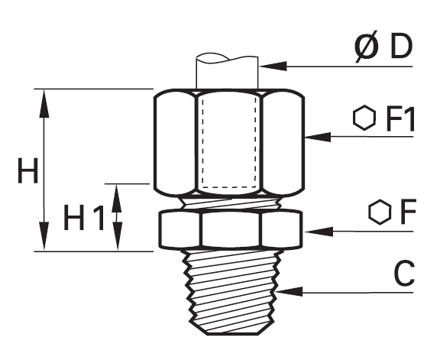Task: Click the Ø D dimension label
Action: (x=383, y=47)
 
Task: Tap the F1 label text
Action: (x=400, y=118)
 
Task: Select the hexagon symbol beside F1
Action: (x=364, y=118)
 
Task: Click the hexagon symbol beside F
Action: (x=380, y=212)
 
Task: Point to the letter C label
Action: (x=404, y=272)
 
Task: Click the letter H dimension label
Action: (x=27, y=170)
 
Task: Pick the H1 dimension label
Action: (x=84, y=217)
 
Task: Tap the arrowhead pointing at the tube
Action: (x=273, y=66)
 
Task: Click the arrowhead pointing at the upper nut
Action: (x=318, y=137)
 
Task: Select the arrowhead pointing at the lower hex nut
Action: (x=319, y=232)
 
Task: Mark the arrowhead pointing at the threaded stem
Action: (x=289, y=292)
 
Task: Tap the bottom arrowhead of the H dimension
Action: (x=44, y=235)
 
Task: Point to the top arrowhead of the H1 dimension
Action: (x=117, y=198)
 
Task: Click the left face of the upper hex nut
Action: (x=174, y=142)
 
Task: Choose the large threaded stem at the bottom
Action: (x=231, y=292)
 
